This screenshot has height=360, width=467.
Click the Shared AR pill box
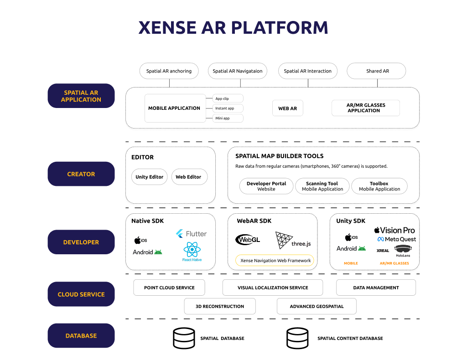tap(377, 71)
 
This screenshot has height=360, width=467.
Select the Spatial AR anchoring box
tap(169, 71)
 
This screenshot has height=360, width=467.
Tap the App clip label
tap(228, 98)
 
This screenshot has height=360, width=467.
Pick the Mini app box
tap(228, 118)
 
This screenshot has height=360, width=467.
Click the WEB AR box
tap(287, 108)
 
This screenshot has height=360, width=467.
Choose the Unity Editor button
tap(149, 177)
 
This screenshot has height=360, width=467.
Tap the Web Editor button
tap(188, 177)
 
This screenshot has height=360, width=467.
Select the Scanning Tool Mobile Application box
tap(322, 186)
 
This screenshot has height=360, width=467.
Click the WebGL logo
tap(248, 239)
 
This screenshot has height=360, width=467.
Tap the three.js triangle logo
tap(284, 240)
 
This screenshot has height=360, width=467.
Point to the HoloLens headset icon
tap(403, 249)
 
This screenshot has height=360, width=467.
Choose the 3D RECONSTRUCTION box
tap(220, 306)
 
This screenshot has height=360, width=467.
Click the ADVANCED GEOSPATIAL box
tap(317, 306)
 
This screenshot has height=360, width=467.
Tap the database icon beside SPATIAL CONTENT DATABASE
tap(297, 338)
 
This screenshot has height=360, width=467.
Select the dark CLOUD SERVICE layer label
tap(81, 294)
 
